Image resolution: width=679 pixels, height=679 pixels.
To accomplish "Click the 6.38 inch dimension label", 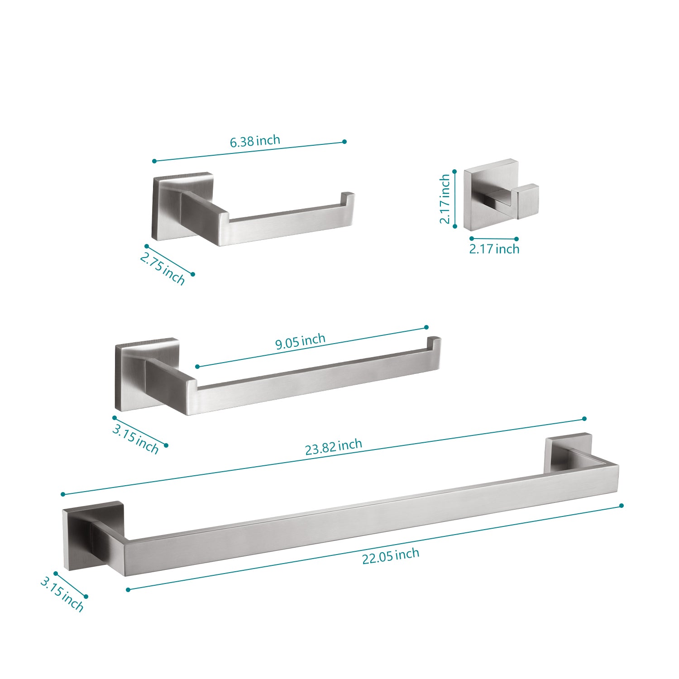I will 255,141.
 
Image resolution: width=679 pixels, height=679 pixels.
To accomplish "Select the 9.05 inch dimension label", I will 301,341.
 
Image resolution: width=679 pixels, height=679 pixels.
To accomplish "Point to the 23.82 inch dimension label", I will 334,447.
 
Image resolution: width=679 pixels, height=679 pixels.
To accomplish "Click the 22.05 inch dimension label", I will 391,556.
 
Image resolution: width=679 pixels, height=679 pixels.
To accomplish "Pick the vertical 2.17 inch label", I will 445,199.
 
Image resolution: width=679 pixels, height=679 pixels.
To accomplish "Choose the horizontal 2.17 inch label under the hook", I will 494,249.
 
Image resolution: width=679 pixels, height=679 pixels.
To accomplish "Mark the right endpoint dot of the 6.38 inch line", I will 344,142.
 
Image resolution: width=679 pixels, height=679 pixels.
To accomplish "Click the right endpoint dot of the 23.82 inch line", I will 584,419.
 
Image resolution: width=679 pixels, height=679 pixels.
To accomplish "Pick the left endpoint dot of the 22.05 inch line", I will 128,589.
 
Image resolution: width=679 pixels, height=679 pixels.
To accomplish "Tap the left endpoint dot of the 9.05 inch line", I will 197,366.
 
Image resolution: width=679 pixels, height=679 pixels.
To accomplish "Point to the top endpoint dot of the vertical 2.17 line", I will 454,172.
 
